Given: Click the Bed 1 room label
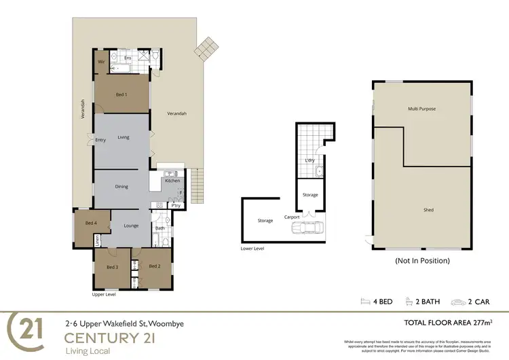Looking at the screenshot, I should point(121,95).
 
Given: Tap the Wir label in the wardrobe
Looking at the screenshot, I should point(101,62).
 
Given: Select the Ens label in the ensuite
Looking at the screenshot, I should point(127,58).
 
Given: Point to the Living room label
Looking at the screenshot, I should point(123,137).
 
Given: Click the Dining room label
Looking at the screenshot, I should point(121,186).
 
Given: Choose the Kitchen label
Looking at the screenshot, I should point(172,181).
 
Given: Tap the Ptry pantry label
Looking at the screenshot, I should point(175,205).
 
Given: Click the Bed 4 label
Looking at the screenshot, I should point(91,223).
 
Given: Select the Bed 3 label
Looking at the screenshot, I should point(113,267).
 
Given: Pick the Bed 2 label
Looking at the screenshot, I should point(154,266).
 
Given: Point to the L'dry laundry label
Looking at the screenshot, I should point(309,160).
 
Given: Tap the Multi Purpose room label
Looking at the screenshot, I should point(421,109).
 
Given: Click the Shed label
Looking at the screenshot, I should point(428,210).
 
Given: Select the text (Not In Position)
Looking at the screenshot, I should point(422,260).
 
